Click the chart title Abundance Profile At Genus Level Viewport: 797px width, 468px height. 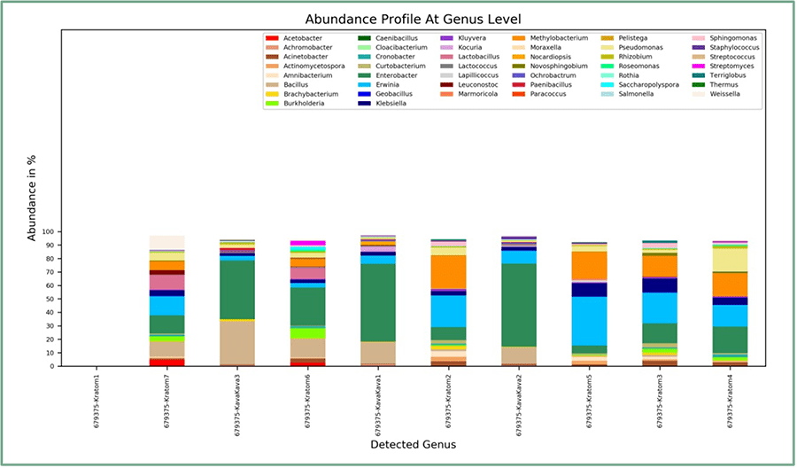[413, 19]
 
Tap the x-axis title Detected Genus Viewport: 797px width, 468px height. [413, 443]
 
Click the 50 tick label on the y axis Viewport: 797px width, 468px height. [51, 299]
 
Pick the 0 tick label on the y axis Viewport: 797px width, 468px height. [54, 366]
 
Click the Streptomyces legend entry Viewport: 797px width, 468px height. [731, 65]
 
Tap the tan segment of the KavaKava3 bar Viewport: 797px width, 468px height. [237, 341]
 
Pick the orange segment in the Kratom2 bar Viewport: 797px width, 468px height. [448, 271]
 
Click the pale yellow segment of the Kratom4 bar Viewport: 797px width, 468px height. [730, 260]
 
